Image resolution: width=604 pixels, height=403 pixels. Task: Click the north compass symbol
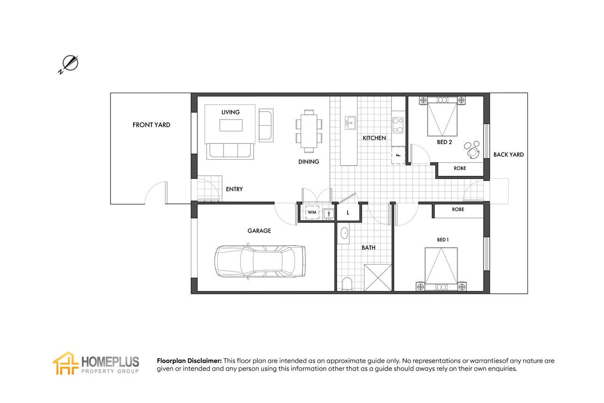(x=70, y=64)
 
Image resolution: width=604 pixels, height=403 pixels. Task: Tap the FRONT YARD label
(x=151, y=125)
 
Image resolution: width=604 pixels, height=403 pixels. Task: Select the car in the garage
(x=260, y=261)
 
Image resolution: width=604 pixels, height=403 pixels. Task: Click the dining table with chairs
(x=309, y=131)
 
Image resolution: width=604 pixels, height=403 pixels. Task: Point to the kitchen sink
(x=350, y=123)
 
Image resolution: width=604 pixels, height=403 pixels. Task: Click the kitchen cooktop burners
(x=397, y=125)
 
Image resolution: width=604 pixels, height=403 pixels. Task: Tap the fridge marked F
(x=398, y=155)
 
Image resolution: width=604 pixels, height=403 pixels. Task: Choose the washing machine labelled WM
(x=312, y=212)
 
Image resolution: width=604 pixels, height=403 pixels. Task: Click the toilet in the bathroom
(x=347, y=284)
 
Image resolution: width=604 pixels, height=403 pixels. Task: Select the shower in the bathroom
(x=378, y=278)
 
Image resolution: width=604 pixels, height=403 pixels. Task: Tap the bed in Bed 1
(x=441, y=269)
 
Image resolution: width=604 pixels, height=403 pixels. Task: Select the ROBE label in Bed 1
(x=458, y=209)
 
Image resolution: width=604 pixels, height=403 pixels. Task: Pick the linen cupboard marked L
(x=348, y=213)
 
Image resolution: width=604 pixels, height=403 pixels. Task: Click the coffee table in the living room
(x=231, y=125)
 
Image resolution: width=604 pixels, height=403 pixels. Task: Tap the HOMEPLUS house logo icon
(x=66, y=363)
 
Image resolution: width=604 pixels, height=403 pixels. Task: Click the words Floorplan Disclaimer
(x=189, y=361)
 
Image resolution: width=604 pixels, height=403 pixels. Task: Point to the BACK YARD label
(x=509, y=155)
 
